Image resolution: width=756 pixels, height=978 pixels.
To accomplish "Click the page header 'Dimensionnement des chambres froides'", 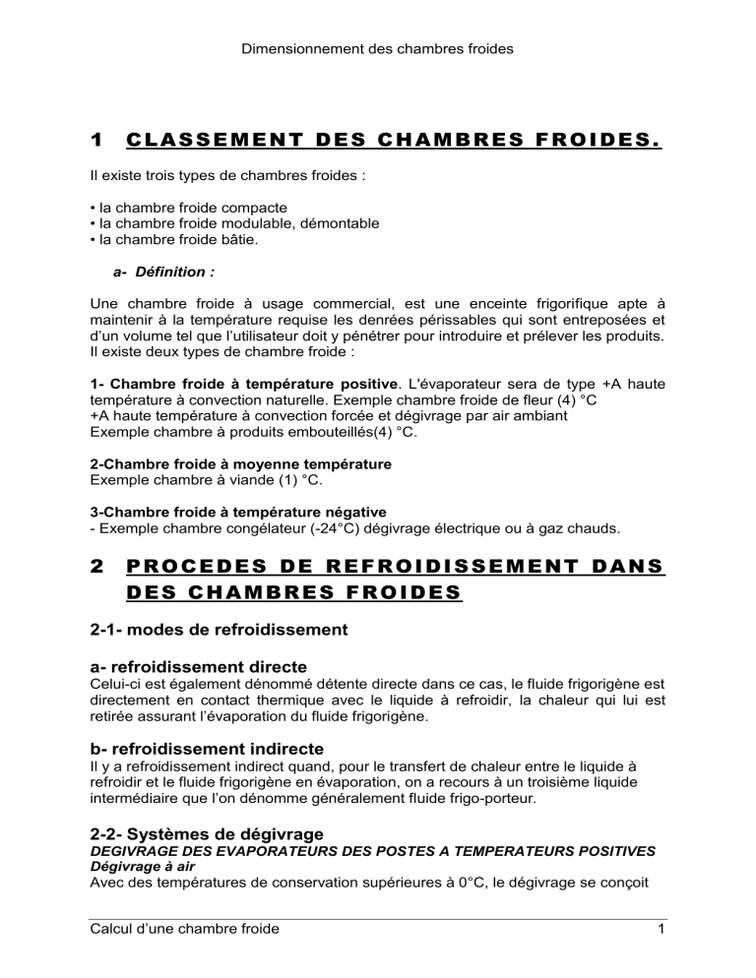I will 377,45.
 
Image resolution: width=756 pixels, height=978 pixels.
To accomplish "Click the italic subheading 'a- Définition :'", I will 160,271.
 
